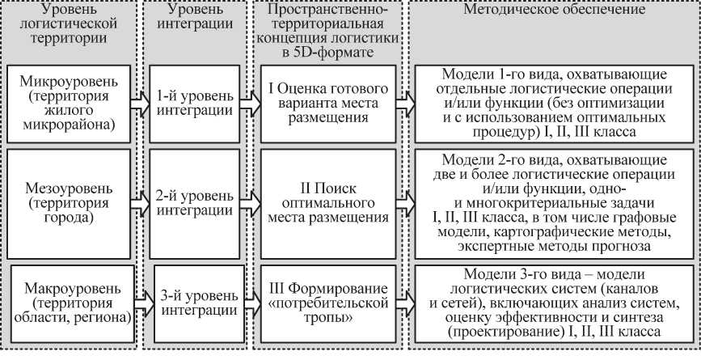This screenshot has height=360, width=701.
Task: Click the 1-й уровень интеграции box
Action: pyautogui.click(x=194, y=104)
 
